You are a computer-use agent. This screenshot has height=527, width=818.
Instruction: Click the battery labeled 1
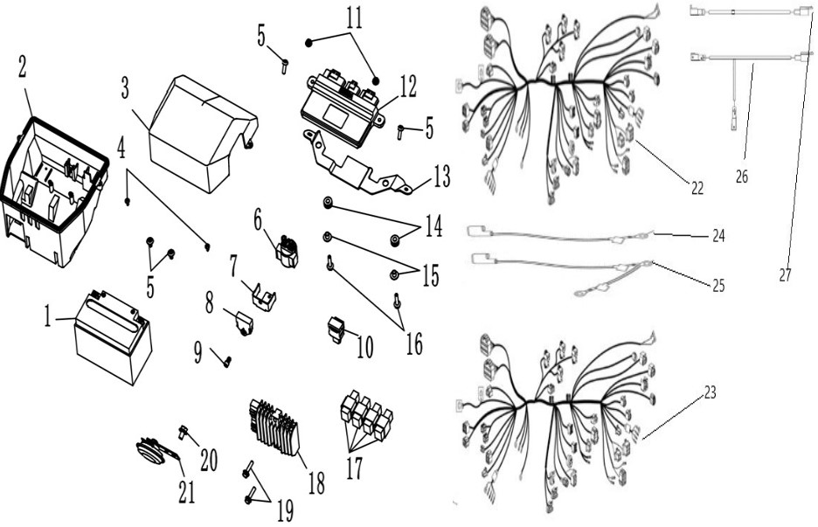[114, 338]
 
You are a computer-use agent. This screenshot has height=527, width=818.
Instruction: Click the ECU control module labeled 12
[343, 107]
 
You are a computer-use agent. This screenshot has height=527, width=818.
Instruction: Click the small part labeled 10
[337, 331]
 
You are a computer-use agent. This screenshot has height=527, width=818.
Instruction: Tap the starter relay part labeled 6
[287, 252]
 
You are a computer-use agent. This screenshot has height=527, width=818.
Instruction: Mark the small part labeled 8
[245, 324]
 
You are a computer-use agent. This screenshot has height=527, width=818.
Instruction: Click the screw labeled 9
[227, 361]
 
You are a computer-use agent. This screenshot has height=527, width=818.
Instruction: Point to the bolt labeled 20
[184, 431]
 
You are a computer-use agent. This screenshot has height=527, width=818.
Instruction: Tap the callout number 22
[697, 188]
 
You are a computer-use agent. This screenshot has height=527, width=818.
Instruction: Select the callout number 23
[710, 392]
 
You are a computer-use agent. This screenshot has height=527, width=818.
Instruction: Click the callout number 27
[785, 274]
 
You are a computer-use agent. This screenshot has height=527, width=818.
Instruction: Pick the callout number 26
[741, 177]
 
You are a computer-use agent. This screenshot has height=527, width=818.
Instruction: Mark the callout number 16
[414, 343]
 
